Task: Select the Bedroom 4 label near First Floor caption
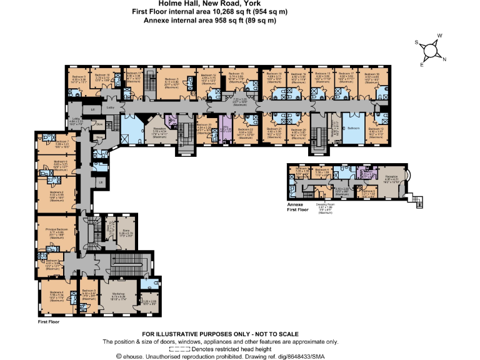click(x=52, y=293)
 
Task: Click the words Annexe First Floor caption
click(x=300, y=207)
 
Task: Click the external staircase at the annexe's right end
click(x=419, y=201)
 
